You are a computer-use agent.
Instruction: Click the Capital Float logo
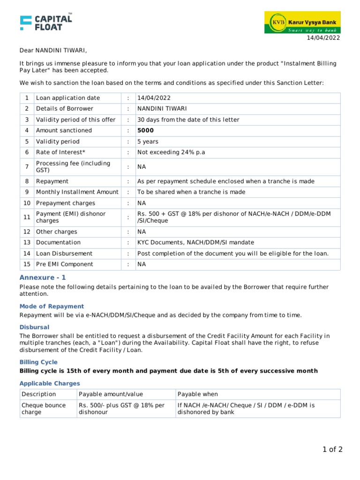pos(46,22)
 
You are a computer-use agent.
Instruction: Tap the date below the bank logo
pos(323,38)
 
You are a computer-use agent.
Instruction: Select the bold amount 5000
pos(145,130)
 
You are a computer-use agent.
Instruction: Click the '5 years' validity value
pos(148,142)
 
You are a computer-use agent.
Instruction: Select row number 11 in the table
pos(27,217)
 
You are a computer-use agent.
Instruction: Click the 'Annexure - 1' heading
pos(43,277)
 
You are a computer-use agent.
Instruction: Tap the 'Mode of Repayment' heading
pos(52,306)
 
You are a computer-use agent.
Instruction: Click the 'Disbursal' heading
pos(34,327)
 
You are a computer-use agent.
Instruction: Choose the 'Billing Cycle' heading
pos(38,362)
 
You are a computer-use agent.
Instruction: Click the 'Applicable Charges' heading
pos(50,383)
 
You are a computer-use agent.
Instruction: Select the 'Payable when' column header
pos(197,394)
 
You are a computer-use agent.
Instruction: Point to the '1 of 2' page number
pos(332,450)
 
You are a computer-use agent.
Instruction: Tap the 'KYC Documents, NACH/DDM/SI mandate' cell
pos(195,242)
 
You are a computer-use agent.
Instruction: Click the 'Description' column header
pos(38,394)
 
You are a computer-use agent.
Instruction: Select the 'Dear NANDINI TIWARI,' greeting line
pos(53,51)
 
